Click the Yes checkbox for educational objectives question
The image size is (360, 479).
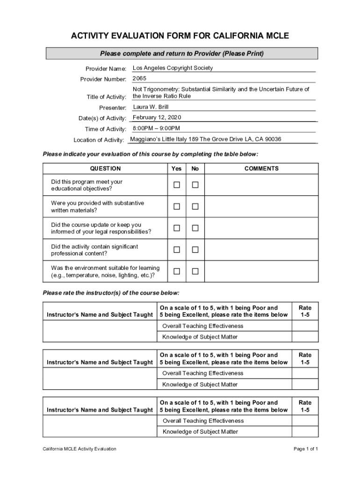pyautogui.click(x=177, y=185)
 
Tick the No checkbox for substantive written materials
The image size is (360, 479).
pyautogui.click(x=195, y=206)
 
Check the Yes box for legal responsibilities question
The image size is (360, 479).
pyautogui.click(x=177, y=228)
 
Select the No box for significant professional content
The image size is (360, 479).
pyautogui.click(x=195, y=249)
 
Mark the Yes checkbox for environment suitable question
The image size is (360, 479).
pyautogui.click(x=177, y=271)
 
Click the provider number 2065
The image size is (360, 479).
pyautogui.click(x=139, y=79)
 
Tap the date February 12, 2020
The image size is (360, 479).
pyautogui.click(x=157, y=117)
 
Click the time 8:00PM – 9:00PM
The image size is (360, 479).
pyautogui.click(x=156, y=128)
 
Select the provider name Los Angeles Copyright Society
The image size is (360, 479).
pyautogui.click(x=173, y=68)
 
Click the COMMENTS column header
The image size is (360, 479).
pyautogui.click(x=261, y=168)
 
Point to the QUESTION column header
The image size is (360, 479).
pyautogui.click(x=105, y=168)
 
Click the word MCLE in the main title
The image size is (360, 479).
pyautogui.click(x=273, y=36)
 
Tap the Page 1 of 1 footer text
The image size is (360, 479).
pyautogui.click(x=306, y=449)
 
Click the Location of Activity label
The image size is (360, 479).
pyautogui.click(x=99, y=140)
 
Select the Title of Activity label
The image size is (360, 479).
pyautogui.click(x=107, y=97)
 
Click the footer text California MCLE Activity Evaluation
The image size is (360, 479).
pyautogui.click(x=79, y=449)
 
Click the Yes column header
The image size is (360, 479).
pyautogui.click(x=177, y=168)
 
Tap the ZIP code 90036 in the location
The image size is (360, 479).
pyautogui.click(x=272, y=139)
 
